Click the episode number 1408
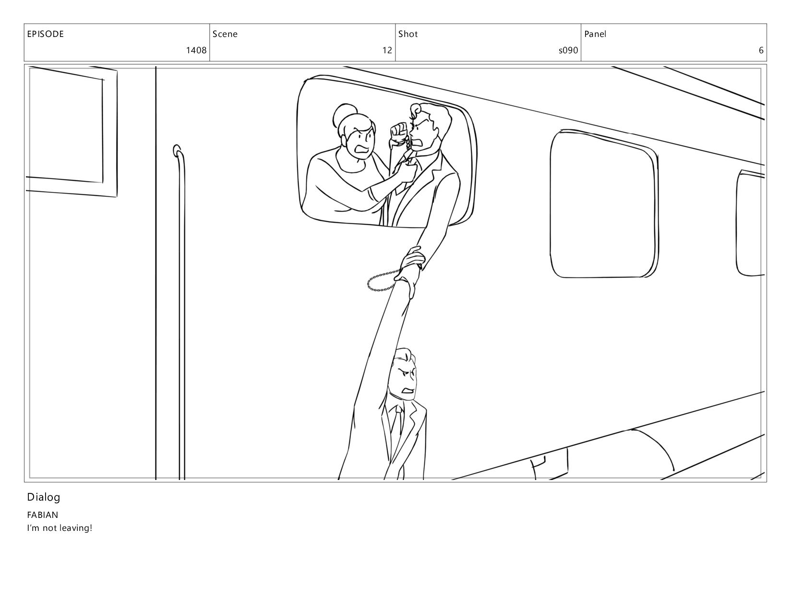pos(196,50)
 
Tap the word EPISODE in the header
pos(46,34)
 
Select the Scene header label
pos(225,34)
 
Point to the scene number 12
pos(387,50)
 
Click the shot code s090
pos(568,50)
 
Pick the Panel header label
pos(595,34)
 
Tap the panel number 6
pos(761,50)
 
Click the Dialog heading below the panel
pos(44,497)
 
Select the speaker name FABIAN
pos(43,515)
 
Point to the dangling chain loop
pos(381,281)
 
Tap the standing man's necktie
pos(398,423)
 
